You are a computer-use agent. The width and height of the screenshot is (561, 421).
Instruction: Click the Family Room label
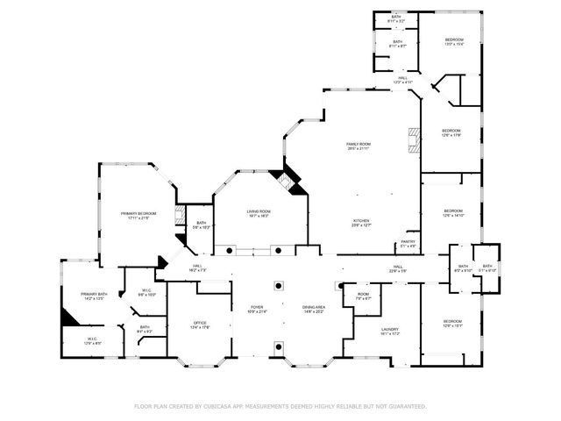pos(359,145)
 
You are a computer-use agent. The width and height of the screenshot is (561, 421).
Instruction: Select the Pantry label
pos(408,243)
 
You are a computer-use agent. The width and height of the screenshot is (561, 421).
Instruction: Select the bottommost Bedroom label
pos(452,323)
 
